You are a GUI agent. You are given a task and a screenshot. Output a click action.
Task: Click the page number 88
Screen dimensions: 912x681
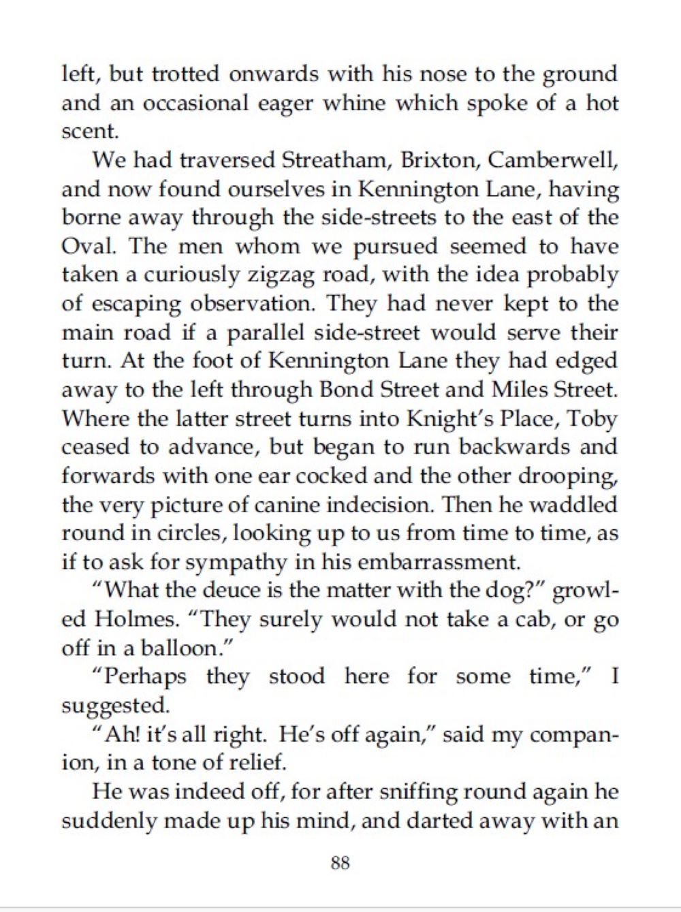(340, 863)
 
